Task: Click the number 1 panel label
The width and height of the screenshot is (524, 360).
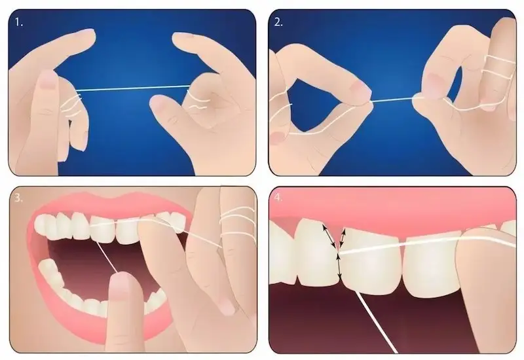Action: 19,23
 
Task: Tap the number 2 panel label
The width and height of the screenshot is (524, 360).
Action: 278,22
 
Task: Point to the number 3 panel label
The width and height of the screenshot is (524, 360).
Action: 19,198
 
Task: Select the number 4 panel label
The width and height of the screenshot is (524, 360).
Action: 278,198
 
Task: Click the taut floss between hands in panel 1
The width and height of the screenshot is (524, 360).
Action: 133,88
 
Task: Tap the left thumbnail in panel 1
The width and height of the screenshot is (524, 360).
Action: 48,79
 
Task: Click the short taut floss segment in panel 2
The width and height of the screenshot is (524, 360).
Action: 392,99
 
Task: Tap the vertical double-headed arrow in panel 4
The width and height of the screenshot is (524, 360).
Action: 339,266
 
